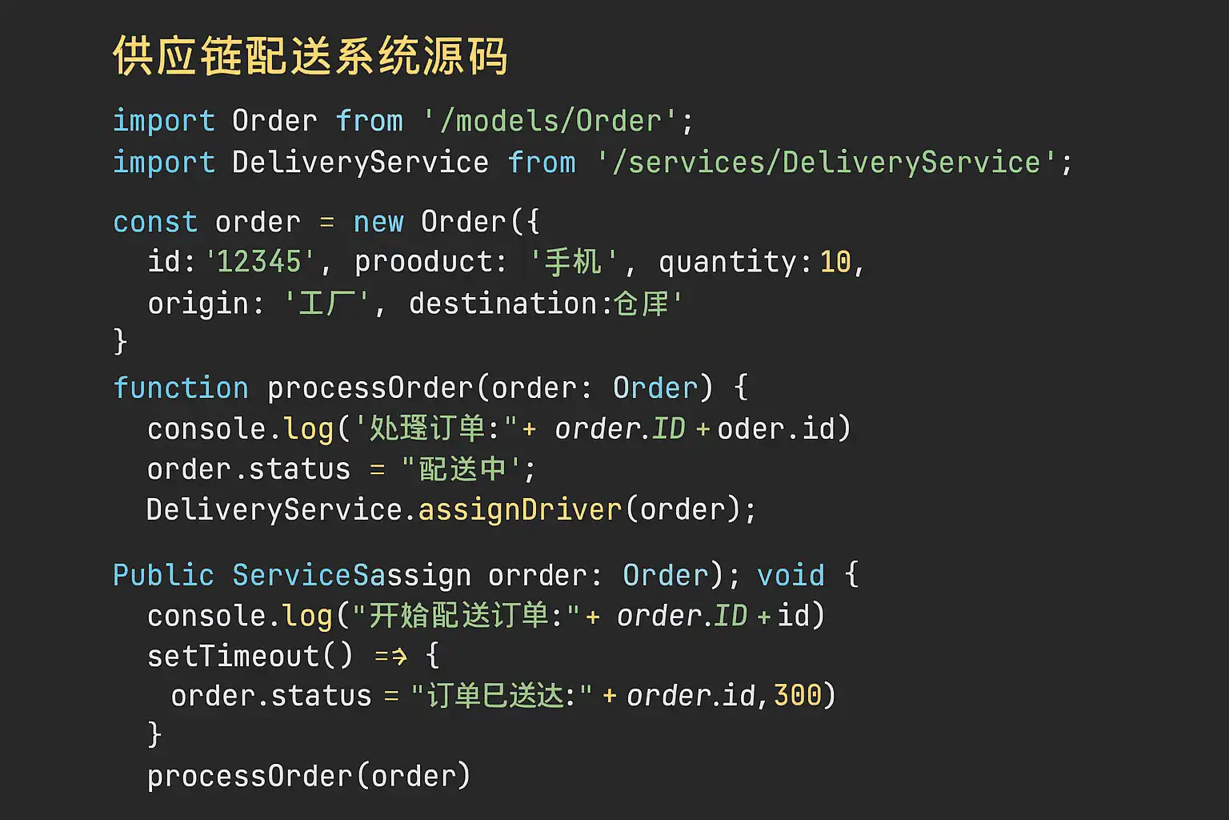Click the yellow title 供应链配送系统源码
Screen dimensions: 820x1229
point(310,56)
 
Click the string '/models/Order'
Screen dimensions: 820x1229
point(550,121)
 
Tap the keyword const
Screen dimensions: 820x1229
point(155,222)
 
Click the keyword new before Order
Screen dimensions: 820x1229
point(378,222)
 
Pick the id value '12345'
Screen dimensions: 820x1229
point(259,262)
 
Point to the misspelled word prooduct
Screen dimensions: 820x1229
point(430,262)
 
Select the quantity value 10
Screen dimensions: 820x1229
point(835,262)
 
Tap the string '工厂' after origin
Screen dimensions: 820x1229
point(326,303)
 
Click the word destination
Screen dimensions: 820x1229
point(503,303)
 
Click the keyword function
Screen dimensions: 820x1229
point(181,388)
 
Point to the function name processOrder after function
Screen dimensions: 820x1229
point(370,388)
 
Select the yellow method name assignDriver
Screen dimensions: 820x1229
point(520,510)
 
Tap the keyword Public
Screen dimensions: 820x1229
point(163,575)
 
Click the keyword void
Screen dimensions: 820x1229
point(791,575)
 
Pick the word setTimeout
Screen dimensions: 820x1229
point(234,656)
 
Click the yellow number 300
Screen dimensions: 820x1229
point(798,695)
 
